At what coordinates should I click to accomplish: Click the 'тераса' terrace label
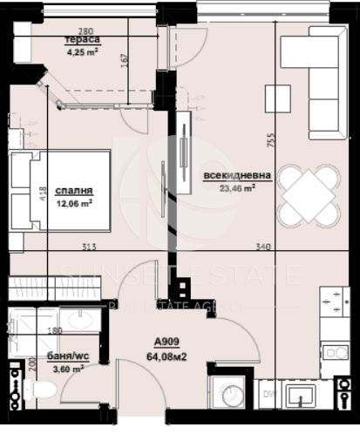[83, 40]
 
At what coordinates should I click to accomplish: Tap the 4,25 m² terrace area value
[83, 51]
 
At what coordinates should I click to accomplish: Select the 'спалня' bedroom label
[74, 192]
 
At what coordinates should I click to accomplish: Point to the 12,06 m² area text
[74, 203]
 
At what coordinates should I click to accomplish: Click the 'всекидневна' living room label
[237, 176]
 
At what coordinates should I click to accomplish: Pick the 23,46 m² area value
[236, 187]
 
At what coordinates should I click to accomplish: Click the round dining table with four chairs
[309, 197]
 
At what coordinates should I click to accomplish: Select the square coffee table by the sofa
[277, 98]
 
